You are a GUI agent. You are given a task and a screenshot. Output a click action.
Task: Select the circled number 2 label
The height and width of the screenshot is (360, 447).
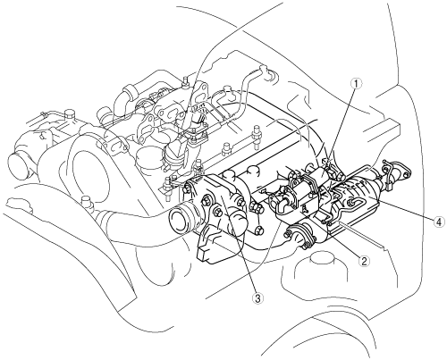click(364, 261)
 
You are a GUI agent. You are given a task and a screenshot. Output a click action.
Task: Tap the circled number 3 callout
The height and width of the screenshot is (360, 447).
click(258, 297)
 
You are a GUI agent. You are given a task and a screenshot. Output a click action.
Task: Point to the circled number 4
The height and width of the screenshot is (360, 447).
click(438, 222)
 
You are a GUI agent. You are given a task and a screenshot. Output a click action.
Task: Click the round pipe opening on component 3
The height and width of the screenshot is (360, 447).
click(181, 221)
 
